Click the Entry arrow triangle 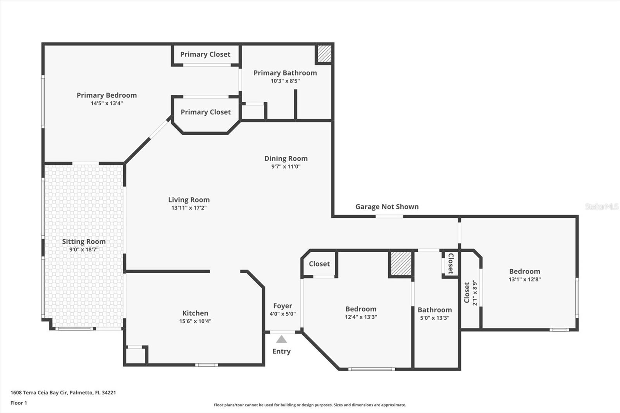[x=281, y=339]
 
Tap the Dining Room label [x=286, y=158]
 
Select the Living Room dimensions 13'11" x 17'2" [x=189, y=208]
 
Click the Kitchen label [x=195, y=313]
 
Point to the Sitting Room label [x=84, y=241]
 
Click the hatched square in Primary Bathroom [x=324, y=54]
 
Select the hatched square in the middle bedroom [x=401, y=264]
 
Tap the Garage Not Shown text [x=387, y=206]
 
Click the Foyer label [x=282, y=306]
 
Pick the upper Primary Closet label [x=205, y=54]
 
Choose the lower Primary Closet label [x=205, y=112]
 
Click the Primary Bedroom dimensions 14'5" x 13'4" [x=107, y=103]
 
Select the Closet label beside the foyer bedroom [x=319, y=264]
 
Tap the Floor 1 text [x=19, y=403]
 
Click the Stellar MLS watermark [x=601, y=206]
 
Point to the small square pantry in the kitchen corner [x=135, y=356]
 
